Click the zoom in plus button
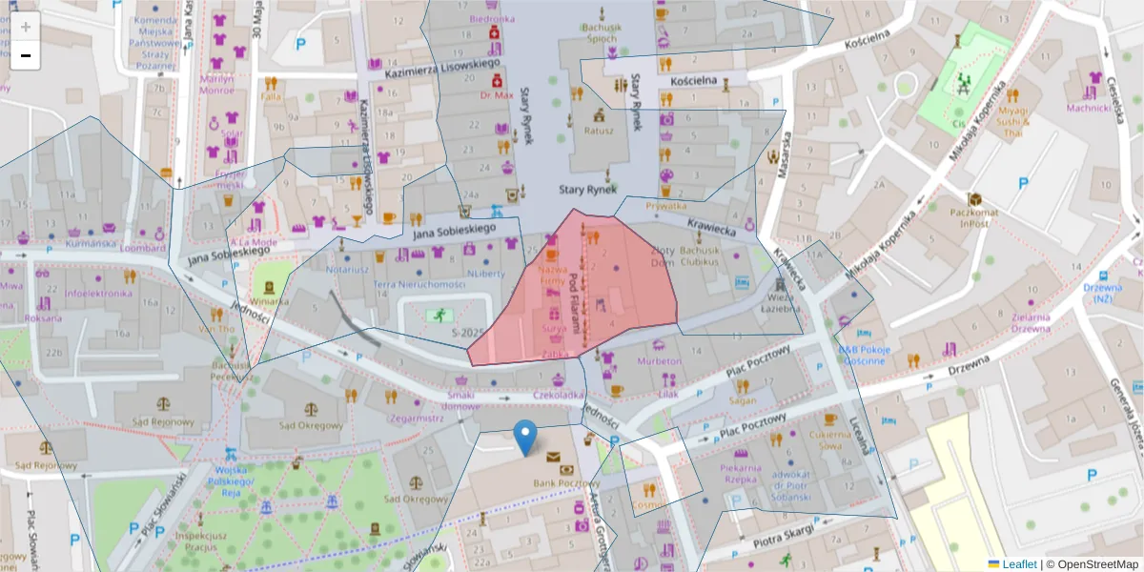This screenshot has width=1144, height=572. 26,27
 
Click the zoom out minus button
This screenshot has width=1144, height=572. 26,55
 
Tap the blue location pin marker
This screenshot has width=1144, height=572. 524,438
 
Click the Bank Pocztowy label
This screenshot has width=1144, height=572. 560,484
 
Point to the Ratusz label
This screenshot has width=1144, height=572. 599,131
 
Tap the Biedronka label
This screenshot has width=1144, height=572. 492,18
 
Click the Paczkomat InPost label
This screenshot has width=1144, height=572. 972,218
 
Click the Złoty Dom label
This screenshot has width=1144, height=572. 662,256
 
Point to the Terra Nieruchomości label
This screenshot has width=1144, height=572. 419,284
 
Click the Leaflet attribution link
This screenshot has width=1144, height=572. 1018,564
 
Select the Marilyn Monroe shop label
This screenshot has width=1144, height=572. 216,85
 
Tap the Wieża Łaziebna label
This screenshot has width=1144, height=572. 781,303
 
